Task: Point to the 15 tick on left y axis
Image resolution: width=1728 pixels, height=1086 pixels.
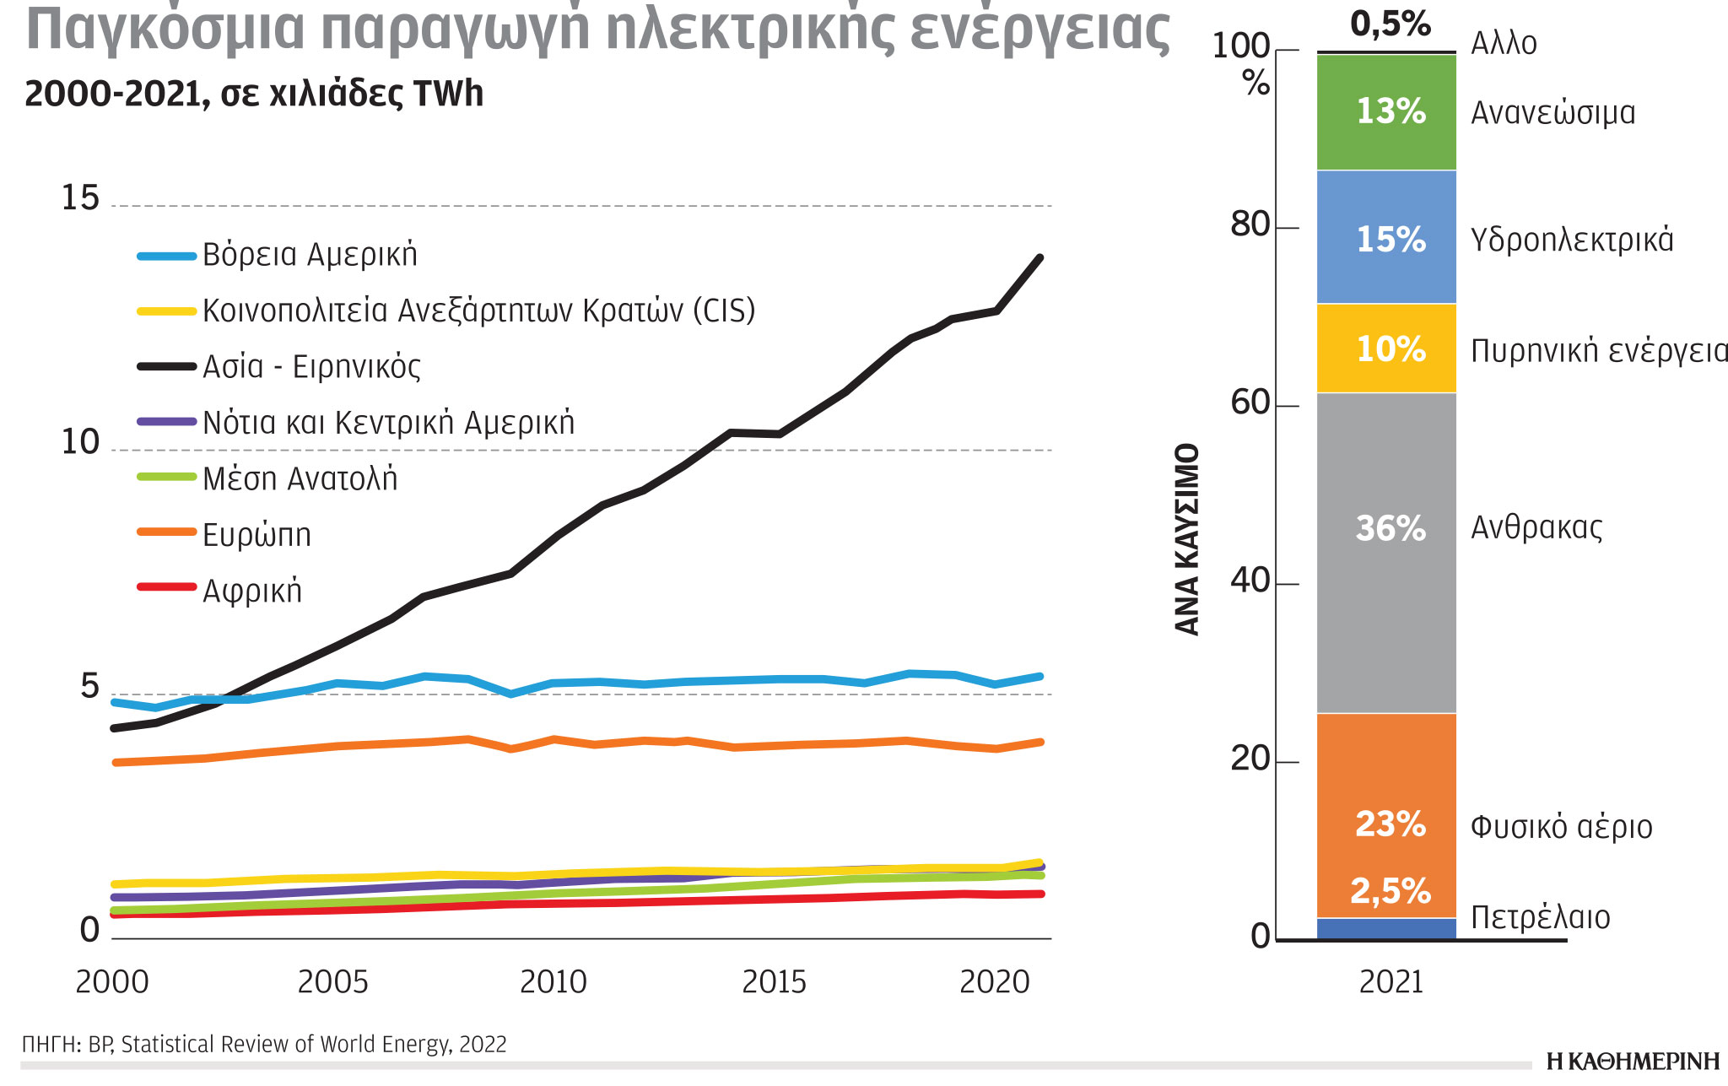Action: [x=80, y=198]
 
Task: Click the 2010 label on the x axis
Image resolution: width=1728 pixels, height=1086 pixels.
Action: [x=553, y=982]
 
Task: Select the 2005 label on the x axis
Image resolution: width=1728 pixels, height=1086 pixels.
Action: [x=332, y=982]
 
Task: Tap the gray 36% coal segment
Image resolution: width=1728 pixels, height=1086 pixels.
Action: [x=1386, y=553]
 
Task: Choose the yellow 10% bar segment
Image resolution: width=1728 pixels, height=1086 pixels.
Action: [x=1386, y=348]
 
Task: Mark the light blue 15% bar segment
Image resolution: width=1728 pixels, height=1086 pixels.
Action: [x=1386, y=238]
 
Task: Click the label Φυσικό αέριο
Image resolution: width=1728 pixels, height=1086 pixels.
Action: [x=1561, y=827]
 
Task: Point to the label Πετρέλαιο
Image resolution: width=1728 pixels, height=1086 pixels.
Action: [x=1540, y=917]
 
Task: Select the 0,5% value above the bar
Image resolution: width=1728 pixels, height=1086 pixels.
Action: [x=1390, y=24]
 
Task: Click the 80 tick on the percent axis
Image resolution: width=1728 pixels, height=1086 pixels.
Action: [x=1250, y=225]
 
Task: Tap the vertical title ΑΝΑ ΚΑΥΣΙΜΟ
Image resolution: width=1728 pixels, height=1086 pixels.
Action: [x=1186, y=538]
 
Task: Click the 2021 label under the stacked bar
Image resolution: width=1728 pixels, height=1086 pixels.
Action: [x=1390, y=982]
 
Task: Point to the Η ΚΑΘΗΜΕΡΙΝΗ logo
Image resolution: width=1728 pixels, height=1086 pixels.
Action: [x=1632, y=1062]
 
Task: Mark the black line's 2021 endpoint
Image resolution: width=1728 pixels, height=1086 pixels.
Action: [x=1039, y=258]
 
